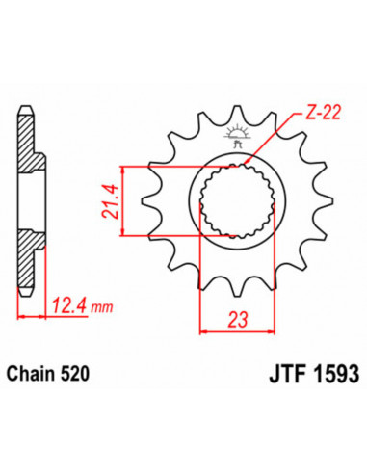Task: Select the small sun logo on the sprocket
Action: pyautogui.click(x=236, y=134)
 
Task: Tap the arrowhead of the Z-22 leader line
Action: pyautogui.click(x=251, y=161)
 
